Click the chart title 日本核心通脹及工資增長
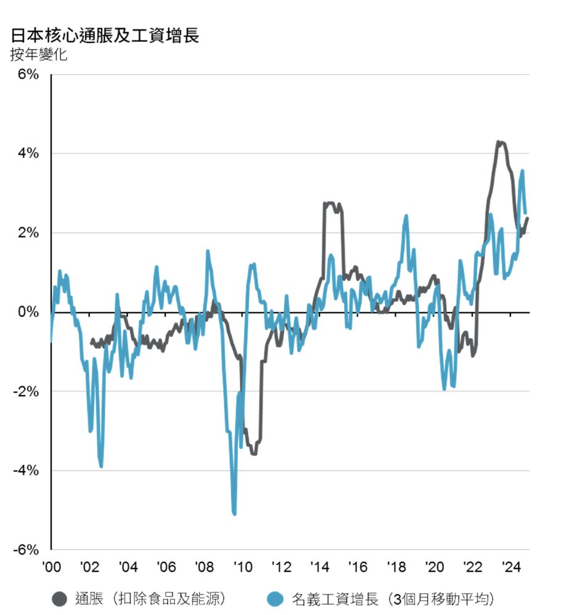pyautogui.click(x=105, y=35)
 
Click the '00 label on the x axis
pyautogui.click(x=51, y=567)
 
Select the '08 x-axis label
pyautogui.click(x=204, y=567)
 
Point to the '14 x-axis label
pyautogui.click(x=319, y=567)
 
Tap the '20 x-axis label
pyautogui.click(x=435, y=567)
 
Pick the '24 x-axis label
pyautogui.click(x=511, y=567)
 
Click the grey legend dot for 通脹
pyautogui.click(x=59, y=598)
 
